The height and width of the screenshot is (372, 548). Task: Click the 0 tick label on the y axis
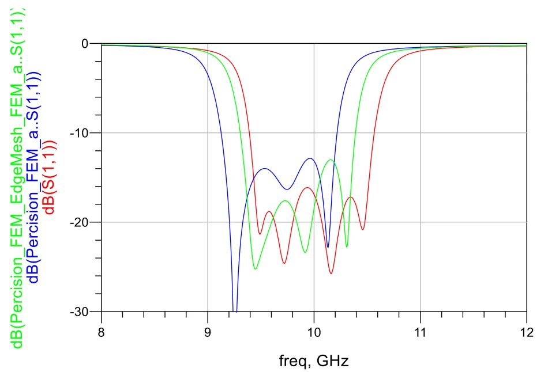(84, 44)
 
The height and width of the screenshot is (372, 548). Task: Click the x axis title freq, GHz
(314, 360)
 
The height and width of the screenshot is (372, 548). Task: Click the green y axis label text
(18, 179)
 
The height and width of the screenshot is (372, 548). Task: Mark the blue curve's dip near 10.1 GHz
(328, 247)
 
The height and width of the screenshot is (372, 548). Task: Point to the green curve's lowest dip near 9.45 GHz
(255, 269)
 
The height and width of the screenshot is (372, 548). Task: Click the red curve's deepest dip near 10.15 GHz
(331, 273)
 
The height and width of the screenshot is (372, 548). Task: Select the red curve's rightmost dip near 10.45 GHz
(363, 230)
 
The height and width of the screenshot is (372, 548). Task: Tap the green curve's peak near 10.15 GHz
(331, 160)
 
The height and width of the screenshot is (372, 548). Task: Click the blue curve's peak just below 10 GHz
(310, 158)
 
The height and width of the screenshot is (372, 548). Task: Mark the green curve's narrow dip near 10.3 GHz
(347, 246)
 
